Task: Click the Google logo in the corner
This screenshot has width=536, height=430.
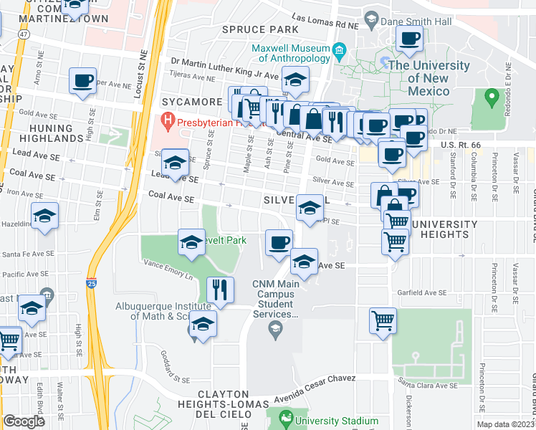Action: [x=24, y=421]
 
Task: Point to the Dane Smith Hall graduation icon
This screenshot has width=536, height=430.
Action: [x=370, y=22]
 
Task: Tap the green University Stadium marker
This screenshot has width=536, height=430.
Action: [x=286, y=418]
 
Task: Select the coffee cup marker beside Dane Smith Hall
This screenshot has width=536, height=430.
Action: [x=409, y=39]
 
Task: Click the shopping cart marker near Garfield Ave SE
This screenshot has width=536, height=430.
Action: [x=383, y=320]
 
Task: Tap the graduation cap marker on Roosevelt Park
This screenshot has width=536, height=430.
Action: [x=191, y=243]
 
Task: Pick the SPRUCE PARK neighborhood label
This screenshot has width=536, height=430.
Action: [x=249, y=29]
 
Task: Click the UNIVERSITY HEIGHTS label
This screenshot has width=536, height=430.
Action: [x=444, y=229]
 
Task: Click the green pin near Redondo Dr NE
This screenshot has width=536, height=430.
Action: [x=491, y=96]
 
